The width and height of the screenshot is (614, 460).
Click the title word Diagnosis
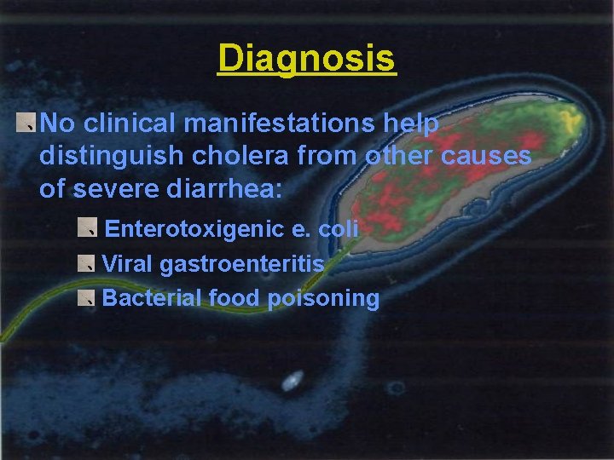(306, 59)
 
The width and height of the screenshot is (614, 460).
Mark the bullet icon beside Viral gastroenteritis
(85, 263)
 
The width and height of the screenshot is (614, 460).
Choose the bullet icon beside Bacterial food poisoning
(85, 297)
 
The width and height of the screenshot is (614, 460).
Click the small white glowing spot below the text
(292, 380)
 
